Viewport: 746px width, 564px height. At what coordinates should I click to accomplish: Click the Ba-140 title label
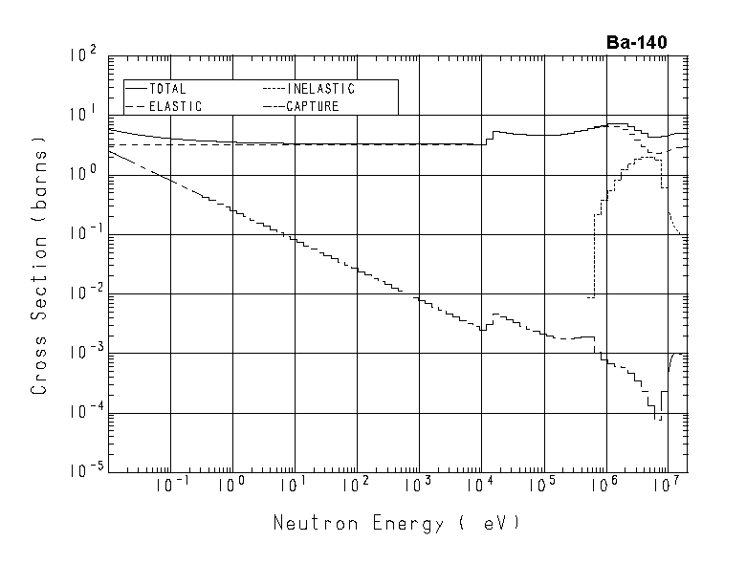636,42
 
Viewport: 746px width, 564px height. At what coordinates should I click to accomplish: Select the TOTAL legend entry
167,89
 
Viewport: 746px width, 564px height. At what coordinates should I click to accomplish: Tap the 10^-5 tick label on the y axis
82,472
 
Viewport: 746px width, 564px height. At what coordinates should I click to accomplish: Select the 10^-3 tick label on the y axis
82,354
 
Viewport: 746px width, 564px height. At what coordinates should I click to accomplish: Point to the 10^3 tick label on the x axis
417,485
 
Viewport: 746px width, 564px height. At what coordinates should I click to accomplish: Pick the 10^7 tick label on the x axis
666,485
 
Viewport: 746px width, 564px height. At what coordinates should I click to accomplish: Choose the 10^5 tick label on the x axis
541,485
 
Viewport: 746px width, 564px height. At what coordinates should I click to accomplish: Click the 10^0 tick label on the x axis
230,485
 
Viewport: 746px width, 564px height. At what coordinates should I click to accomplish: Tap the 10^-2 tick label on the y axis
82,294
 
